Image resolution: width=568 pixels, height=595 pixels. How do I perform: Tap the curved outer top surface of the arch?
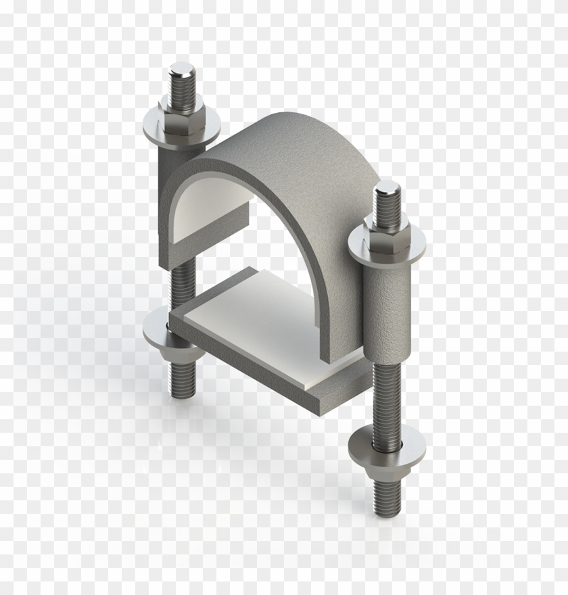[x=284, y=149]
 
